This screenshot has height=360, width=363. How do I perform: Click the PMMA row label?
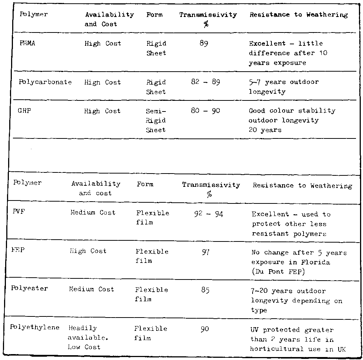(x=27, y=43)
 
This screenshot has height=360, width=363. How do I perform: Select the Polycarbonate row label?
(x=45, y=82)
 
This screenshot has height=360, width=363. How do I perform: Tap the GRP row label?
(x=24, y=111)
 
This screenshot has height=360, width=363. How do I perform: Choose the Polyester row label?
(x=30, y=288)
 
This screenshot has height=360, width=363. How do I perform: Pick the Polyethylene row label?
(x=35, y=328)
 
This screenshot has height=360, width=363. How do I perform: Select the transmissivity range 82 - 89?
(x=205, y=82)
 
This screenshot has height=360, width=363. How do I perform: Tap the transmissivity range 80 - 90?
(x=205, y=111)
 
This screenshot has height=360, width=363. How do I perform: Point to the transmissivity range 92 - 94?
(x=208, y=214)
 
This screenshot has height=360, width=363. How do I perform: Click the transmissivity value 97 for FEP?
(x=206, y=252)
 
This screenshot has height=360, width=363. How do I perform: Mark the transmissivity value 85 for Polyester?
(x=206, y=290)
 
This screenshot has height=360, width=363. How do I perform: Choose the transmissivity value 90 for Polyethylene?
(x=205, y=328)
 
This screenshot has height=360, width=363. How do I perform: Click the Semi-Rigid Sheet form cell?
(x=156, y=120)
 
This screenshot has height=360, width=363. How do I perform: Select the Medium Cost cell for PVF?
(x=93, y=213)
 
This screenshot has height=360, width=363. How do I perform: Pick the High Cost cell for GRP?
(x=102, y=111)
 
